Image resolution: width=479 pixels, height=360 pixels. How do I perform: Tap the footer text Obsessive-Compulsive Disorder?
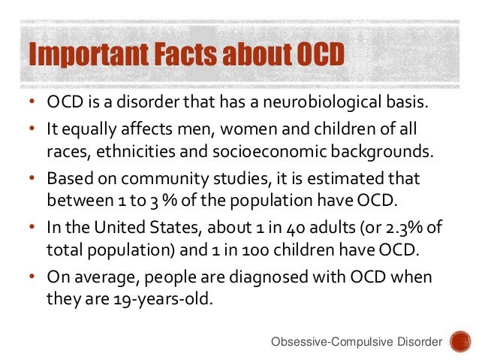coord(356,343)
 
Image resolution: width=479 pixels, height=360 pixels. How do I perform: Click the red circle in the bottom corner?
coord(459,342)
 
